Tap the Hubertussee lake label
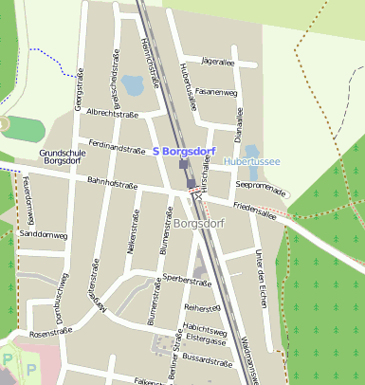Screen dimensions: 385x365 pyautogui.click(x=251, y=162)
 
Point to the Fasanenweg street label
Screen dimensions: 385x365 pyautogui.click(x=217, y=92)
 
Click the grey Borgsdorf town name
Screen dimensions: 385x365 pyautogui.click(x=201, y=223)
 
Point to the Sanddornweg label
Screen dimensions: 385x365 pyautogui.click(x=44, y=233)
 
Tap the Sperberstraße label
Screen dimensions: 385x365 pyautogui.click(x=185, y=279)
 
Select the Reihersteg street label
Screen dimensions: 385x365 pyautogui.click(x=202, y=308)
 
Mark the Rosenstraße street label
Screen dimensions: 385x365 pyautogui.click(x=51, y=334)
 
